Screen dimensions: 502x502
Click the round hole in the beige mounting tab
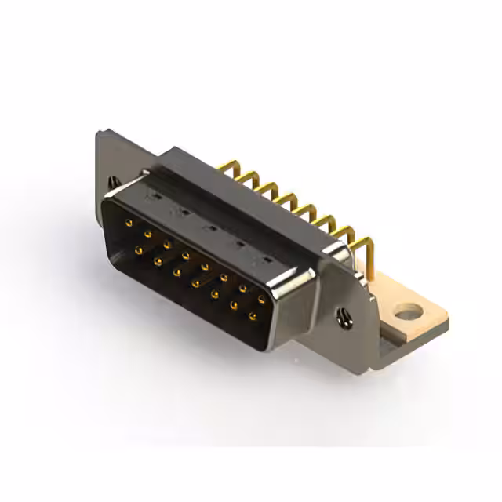coord(407,314)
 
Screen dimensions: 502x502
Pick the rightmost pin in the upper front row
coord(261,299)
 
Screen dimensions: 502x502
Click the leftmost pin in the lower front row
coord(139,250)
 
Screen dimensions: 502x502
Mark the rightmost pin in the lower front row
coord(252,317)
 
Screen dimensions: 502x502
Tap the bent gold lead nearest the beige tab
coord(363,249)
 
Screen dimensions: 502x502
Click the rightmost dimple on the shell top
coord(267,258)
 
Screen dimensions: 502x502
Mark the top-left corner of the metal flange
coord(100,133)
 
